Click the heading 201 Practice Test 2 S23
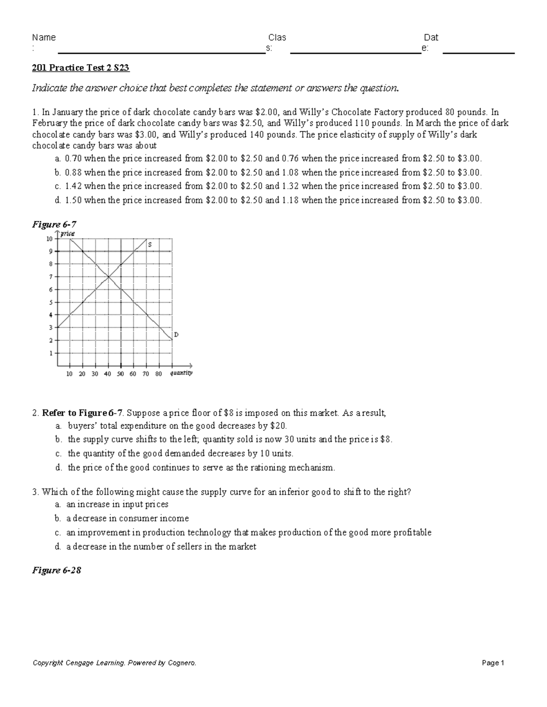pos(81,68)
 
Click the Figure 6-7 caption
pos(54,224)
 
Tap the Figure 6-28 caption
pos(57,570)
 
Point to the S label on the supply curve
pos(150,245)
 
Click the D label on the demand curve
pos(176,335)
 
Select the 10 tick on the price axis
pos(49,239)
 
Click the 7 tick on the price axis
pos(51,277)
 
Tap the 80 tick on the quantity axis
pos(159,374)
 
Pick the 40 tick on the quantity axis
pos(108,374)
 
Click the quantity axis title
pos(181,373)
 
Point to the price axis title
pos(68,234)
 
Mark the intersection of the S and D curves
pos(108,276)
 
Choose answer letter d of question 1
pos(57,200)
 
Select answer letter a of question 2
pos(58,426)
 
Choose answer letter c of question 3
pos(57,532)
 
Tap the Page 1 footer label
pos(493,663)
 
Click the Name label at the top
pos(44,37)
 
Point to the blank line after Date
pos(479,53)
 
